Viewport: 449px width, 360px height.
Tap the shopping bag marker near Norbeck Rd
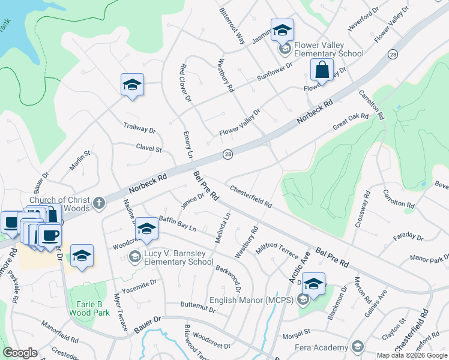[x=322, y=70]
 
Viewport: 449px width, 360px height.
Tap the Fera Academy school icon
[x=358, y=347]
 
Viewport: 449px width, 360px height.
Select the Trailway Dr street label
[x=139, y=128]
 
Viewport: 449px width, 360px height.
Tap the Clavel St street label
[x=149, y=147]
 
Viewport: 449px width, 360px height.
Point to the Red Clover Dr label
[x=185, y=83]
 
